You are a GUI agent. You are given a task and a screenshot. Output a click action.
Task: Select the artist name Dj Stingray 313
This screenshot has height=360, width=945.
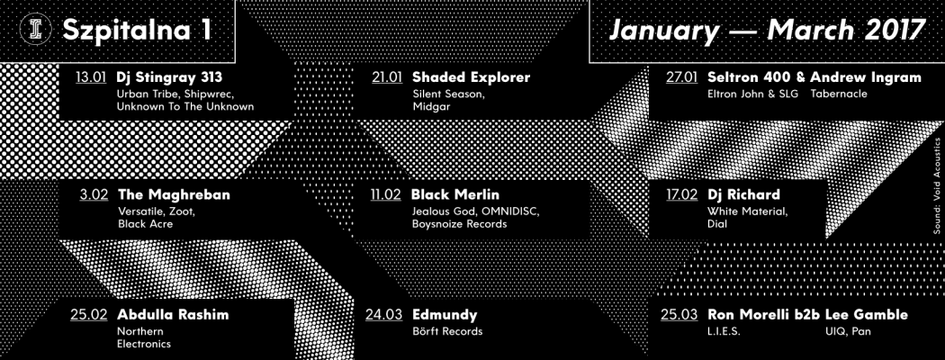click(x=170, y=77)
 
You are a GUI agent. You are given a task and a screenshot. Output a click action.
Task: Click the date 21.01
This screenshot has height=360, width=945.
click(x=387, y=78)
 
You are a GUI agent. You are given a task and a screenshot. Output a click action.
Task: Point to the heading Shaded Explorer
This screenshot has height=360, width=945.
click(x=472, y=77)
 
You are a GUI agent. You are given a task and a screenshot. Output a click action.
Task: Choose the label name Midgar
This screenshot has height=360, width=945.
click(x=431, y=107)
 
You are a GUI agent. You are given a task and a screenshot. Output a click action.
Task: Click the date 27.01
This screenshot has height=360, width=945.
click(x=681, y=78)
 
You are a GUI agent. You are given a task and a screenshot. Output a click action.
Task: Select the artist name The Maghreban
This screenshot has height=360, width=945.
click(x=175, y=195)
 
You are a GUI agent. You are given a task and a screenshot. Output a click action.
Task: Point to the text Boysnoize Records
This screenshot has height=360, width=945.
click(x=460, y=224)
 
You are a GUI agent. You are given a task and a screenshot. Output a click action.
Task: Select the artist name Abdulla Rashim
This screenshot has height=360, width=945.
click(x=173, y=315)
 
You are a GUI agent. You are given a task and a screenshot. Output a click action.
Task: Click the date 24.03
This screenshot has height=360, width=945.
click(x=383, y=315)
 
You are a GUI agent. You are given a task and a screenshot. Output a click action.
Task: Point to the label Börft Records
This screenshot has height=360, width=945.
click(x=448, y=331)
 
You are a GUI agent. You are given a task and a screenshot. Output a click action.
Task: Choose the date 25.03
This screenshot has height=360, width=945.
click(x=679, y=315)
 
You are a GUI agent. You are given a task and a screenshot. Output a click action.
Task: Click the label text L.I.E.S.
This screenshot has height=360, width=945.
click(x=724, y=331)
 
